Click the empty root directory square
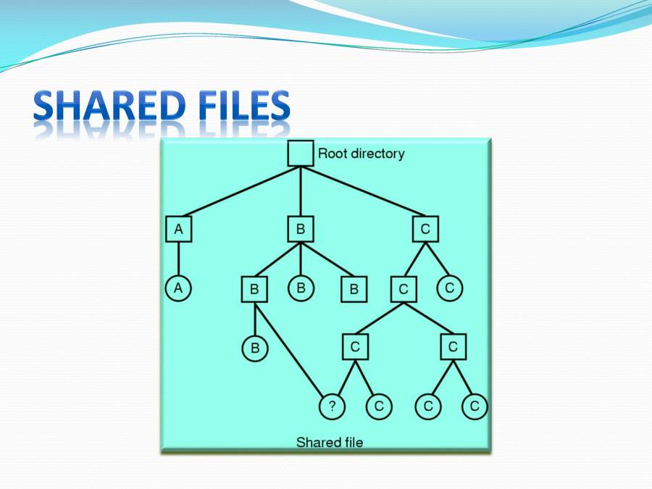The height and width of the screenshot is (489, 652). [301, 154]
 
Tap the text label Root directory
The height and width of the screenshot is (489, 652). [361, 154]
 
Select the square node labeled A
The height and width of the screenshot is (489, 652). [178, 230]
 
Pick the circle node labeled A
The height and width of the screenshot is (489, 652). [178, 288]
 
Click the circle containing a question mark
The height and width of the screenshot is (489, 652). [332, 406]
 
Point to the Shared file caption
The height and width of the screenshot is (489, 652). [330, 442]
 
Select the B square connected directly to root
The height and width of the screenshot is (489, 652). [300, 230]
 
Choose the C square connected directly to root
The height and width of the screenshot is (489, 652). [425, 230]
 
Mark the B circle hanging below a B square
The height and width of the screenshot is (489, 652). [254, 348]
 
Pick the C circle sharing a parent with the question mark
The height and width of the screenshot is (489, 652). [378, 406]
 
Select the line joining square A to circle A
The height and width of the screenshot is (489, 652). [178, 259]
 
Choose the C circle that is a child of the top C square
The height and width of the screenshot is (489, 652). [449, 288]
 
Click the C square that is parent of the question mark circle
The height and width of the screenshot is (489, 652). [355, 347]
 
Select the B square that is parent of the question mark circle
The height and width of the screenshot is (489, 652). [254, 289]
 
